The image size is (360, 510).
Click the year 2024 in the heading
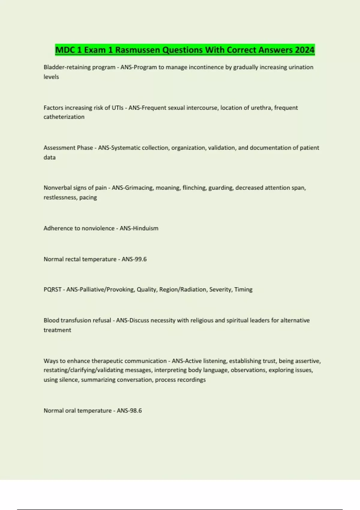point(304,50)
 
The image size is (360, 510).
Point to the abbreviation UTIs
point(117,108)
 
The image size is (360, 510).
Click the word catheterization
point(64,117)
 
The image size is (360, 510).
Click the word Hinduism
point(145,228)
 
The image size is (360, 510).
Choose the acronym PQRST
point(52,289)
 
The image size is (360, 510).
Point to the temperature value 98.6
point(135,411)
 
